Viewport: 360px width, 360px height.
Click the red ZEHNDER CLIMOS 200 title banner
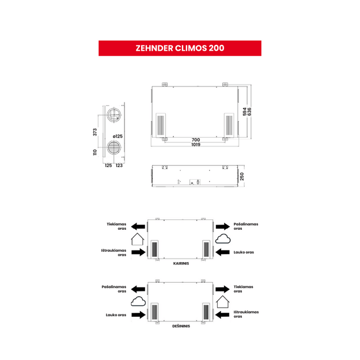click(x=180, y=48)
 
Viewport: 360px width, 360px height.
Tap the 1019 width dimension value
click(x=196, y=145)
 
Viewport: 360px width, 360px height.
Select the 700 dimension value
click(x=196, y=140)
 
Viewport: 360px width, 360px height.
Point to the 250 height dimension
click(x=242, y=177)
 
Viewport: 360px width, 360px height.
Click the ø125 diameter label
click(x=118, y=137)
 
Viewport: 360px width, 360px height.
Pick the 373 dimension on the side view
click(x=95, y=132)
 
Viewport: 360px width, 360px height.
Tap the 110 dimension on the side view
click(x=95, y=153)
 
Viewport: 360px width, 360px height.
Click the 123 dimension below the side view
click(x=119, y=165)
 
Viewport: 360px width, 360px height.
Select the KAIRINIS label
click(x=181, y=263)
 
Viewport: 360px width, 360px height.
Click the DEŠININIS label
click(x=181, y=326)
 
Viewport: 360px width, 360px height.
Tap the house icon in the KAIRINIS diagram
click(x=138, y=239)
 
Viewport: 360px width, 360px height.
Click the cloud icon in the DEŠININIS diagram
click(x=138, y=301)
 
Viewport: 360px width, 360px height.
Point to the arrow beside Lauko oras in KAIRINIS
click(x=223, y=252)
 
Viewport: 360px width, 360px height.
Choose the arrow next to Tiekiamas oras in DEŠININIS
click(x=223, y=289)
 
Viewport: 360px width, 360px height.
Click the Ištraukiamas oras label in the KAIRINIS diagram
click(x=113, y=252)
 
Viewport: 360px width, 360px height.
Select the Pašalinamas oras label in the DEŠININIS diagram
click(x=114, y=289)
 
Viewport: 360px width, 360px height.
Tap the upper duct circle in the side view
click(x=113, y=115)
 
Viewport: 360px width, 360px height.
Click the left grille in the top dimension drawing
click(x=161, y=126)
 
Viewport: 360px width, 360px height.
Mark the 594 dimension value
click(x=245, y=112)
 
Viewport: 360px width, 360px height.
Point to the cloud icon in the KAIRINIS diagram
click(x=223, y=239)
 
